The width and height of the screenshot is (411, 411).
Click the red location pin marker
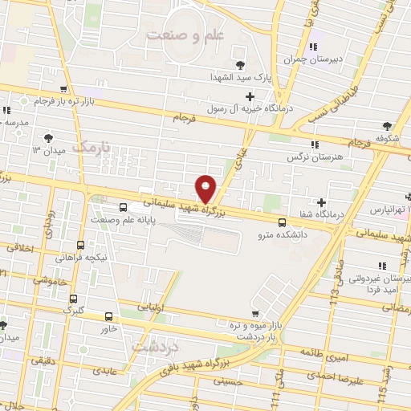coord(206,189)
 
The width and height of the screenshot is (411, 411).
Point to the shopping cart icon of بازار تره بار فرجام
coord(63,90)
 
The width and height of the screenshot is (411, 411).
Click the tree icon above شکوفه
coord(388,125)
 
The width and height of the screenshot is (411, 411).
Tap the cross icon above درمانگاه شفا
coord(321,202)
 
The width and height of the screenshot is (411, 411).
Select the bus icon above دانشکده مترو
coord(281,222)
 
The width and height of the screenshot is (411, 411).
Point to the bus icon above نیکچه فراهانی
coord(80,245)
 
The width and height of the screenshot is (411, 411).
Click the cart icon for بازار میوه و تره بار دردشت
coord(255,313)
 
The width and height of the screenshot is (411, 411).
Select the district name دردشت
coord(149,347)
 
